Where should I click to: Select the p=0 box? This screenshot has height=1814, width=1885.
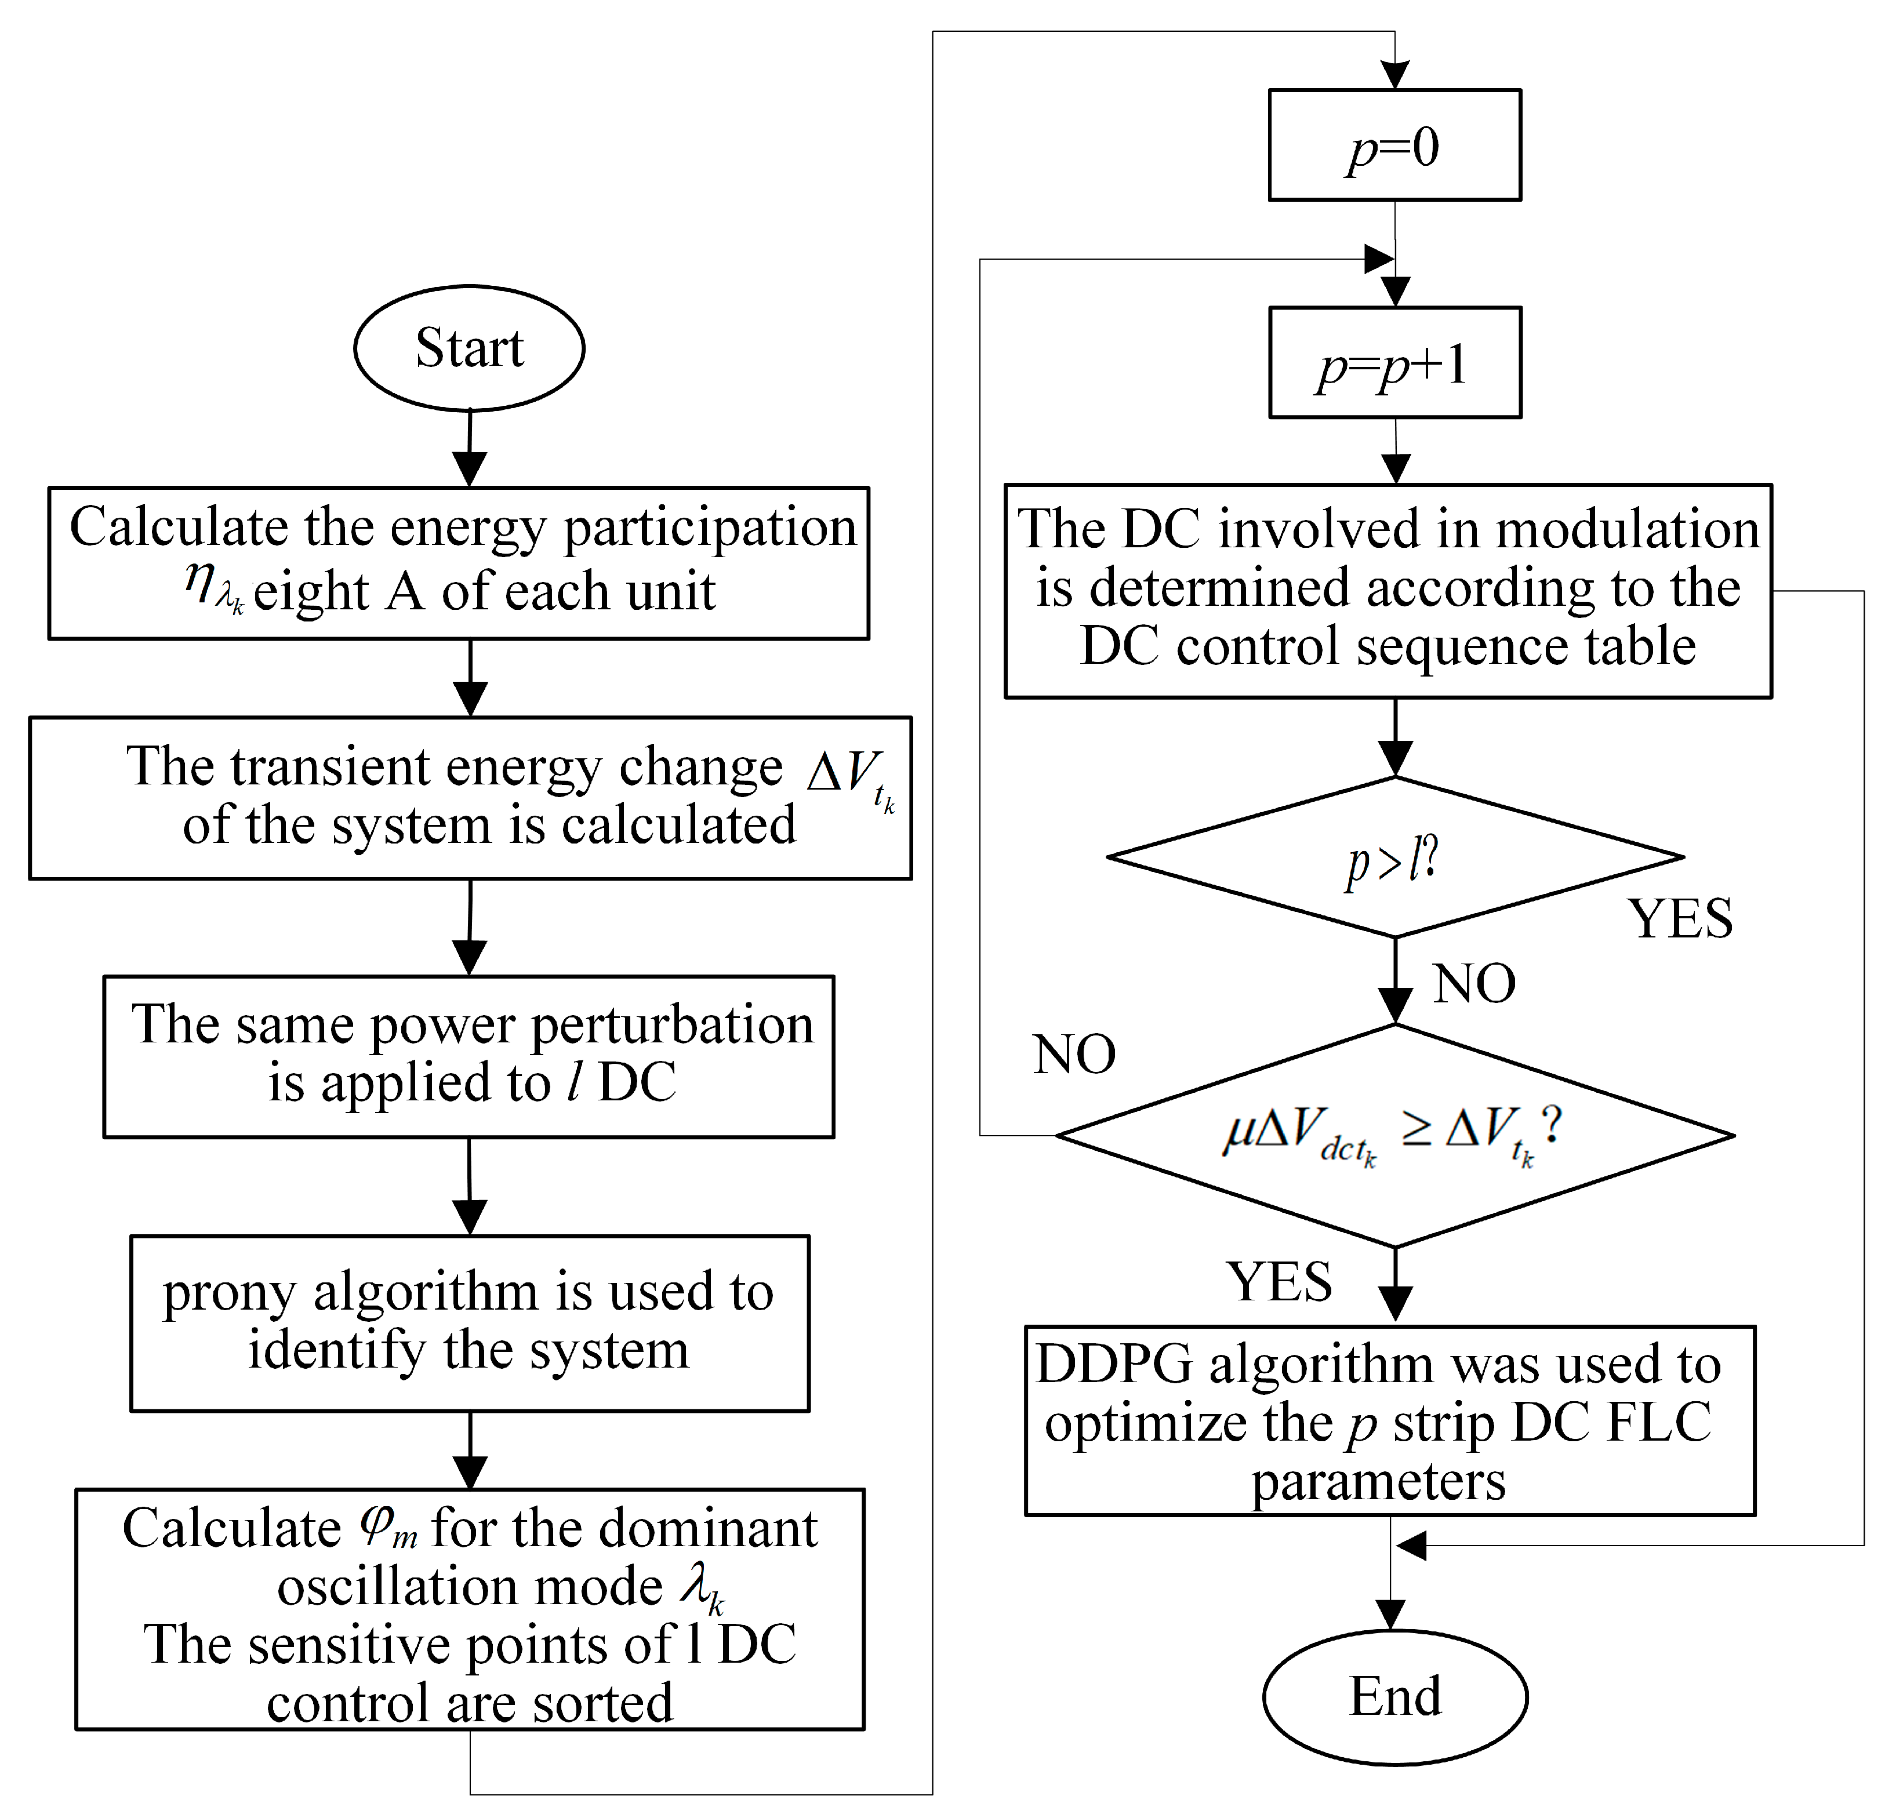click(1394, 146)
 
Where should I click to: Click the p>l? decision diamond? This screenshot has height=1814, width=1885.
click(1394, 857)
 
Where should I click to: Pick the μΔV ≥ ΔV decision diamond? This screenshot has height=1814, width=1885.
click(1394, 1135)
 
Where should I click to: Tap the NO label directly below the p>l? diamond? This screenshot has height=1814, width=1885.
click(1473, 984)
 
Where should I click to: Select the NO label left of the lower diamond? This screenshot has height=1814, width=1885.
click(1073, 1054)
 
